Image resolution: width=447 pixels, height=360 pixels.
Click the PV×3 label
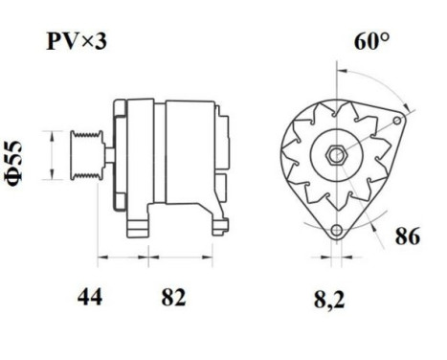pos(78,41)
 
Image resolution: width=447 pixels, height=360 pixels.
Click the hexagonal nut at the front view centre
pos(336,156)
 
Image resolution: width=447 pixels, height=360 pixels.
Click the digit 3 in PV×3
pos(104,41)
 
